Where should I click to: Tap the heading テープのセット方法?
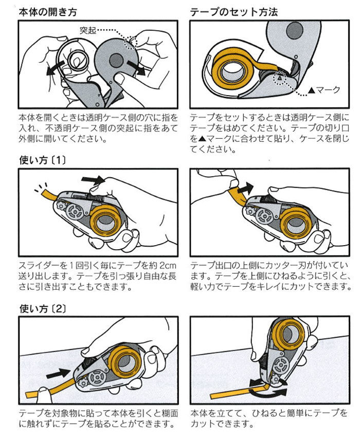point(234,11)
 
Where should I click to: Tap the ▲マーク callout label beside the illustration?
point(323,90)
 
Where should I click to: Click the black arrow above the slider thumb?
point(93,180)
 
